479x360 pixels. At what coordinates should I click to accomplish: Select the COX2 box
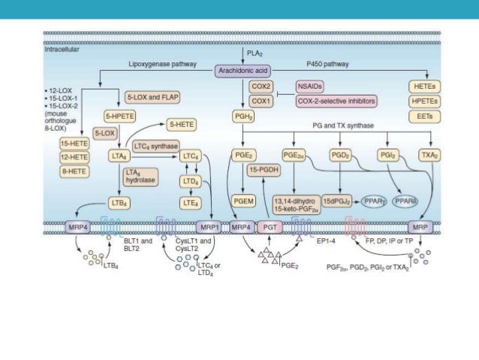(x=261, y=86)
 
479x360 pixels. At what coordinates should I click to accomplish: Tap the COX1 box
(x=261, y=100)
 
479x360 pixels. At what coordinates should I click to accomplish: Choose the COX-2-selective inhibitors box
(x=336, y=100)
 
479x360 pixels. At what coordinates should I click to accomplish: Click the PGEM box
(x=244, y=201)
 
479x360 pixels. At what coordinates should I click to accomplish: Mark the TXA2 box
(x=429, y=155)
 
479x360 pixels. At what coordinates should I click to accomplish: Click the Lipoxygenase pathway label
(x=163, y=65)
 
